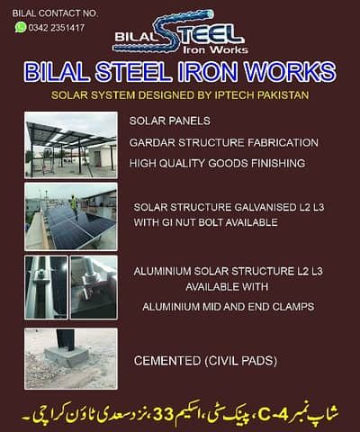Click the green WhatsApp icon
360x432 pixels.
tap(21, 28)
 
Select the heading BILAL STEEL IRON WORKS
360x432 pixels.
tap(180, 72)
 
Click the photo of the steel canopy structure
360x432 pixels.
tap(70, 144)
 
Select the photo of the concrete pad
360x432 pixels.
tap(70, 358)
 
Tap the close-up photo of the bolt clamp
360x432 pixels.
tap(94, 286)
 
